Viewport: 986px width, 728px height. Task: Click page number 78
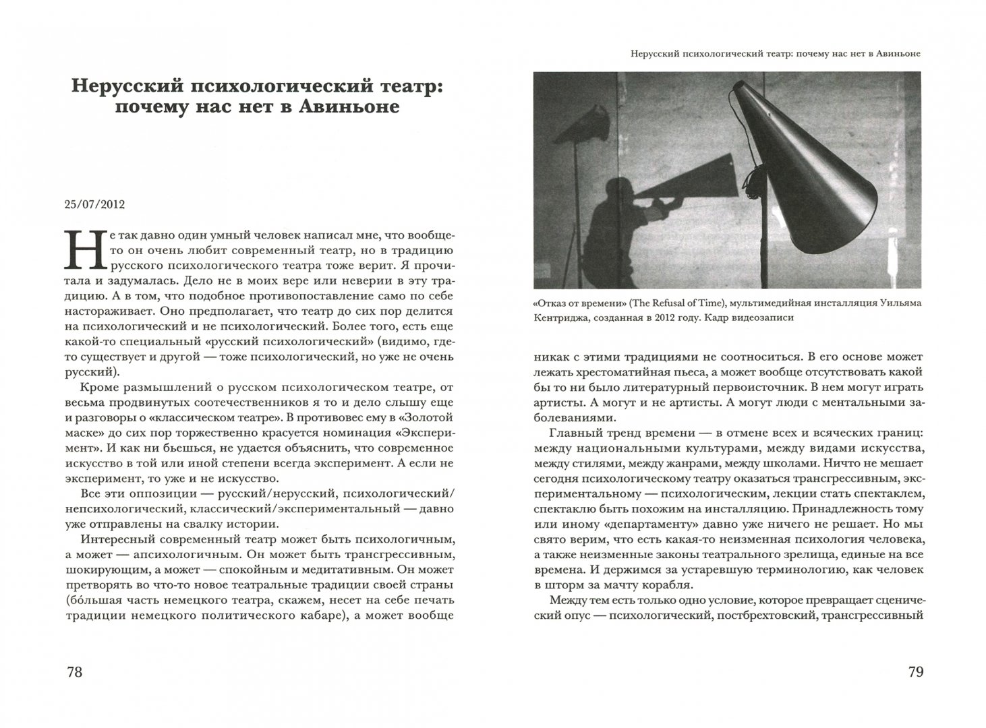pyautogui.click(x=74, y=672)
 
